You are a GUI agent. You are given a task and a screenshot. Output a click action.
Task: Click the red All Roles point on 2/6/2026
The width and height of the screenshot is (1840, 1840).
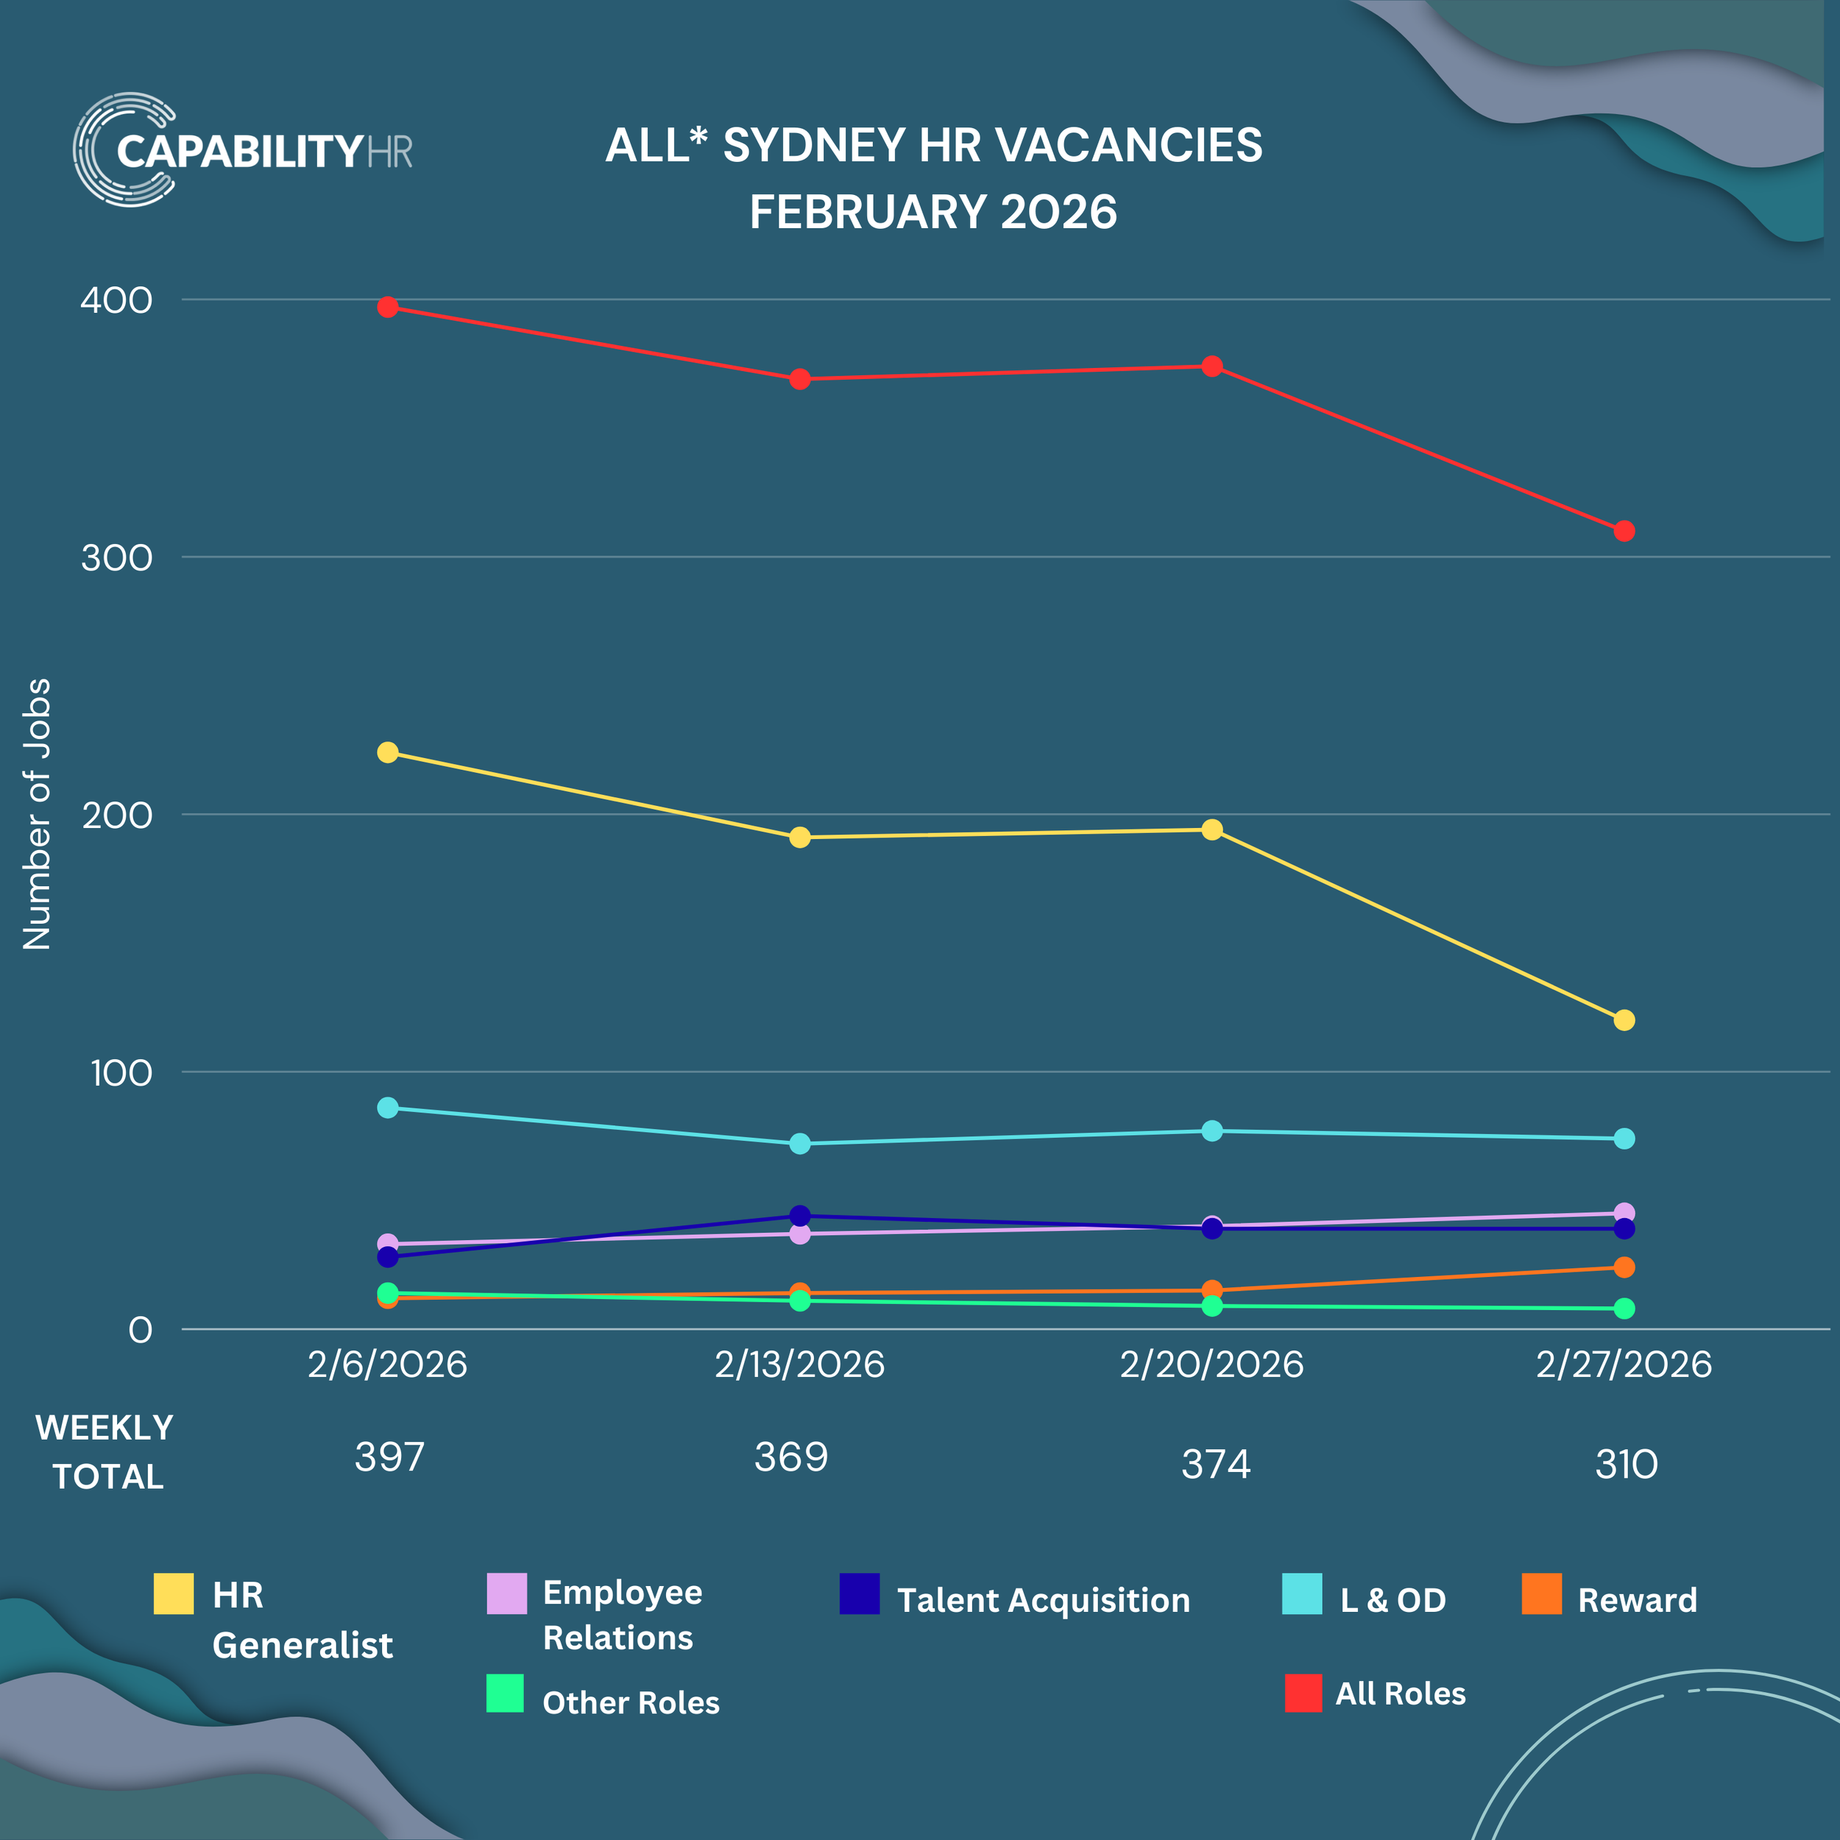388,307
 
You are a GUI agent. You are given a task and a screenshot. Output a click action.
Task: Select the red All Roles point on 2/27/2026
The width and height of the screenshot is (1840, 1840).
1624,531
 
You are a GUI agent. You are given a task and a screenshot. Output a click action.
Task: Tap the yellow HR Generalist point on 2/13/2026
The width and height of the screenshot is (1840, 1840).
800,837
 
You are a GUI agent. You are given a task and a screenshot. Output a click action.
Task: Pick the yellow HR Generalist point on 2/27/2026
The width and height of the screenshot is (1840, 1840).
1624,1020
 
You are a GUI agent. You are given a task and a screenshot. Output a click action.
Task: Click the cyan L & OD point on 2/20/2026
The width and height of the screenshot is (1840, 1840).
1211,1130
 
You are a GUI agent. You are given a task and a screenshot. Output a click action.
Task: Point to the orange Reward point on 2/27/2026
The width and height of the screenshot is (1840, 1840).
1624,1267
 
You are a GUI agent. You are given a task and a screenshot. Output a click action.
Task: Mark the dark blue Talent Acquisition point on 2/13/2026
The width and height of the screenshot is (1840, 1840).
800,1215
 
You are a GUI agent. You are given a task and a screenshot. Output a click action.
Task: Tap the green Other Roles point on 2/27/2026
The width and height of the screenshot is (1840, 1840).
1624,1309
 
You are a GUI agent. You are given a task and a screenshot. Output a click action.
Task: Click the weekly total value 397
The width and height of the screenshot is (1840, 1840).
389,1457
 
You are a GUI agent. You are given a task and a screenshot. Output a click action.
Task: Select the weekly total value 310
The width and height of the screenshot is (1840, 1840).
1626,1464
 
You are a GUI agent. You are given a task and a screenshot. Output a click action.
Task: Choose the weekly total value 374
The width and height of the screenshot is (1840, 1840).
1215,1464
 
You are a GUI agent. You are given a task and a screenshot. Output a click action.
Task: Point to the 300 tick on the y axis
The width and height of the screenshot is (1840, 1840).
116,558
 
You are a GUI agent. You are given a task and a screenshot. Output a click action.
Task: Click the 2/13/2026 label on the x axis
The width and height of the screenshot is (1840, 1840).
799,1364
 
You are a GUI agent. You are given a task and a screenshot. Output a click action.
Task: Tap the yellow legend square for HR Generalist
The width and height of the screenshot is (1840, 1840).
174,1593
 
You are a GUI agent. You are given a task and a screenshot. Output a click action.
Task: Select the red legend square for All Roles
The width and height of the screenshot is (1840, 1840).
1303,1692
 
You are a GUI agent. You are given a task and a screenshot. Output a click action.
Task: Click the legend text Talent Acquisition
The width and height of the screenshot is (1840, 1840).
1043,1600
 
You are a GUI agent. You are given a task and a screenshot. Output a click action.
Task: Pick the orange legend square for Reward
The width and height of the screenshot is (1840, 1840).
1541,1593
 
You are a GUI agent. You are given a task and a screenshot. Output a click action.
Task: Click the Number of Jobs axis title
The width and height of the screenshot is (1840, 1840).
36,814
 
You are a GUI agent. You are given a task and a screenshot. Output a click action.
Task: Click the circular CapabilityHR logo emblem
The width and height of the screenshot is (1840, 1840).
122,149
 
